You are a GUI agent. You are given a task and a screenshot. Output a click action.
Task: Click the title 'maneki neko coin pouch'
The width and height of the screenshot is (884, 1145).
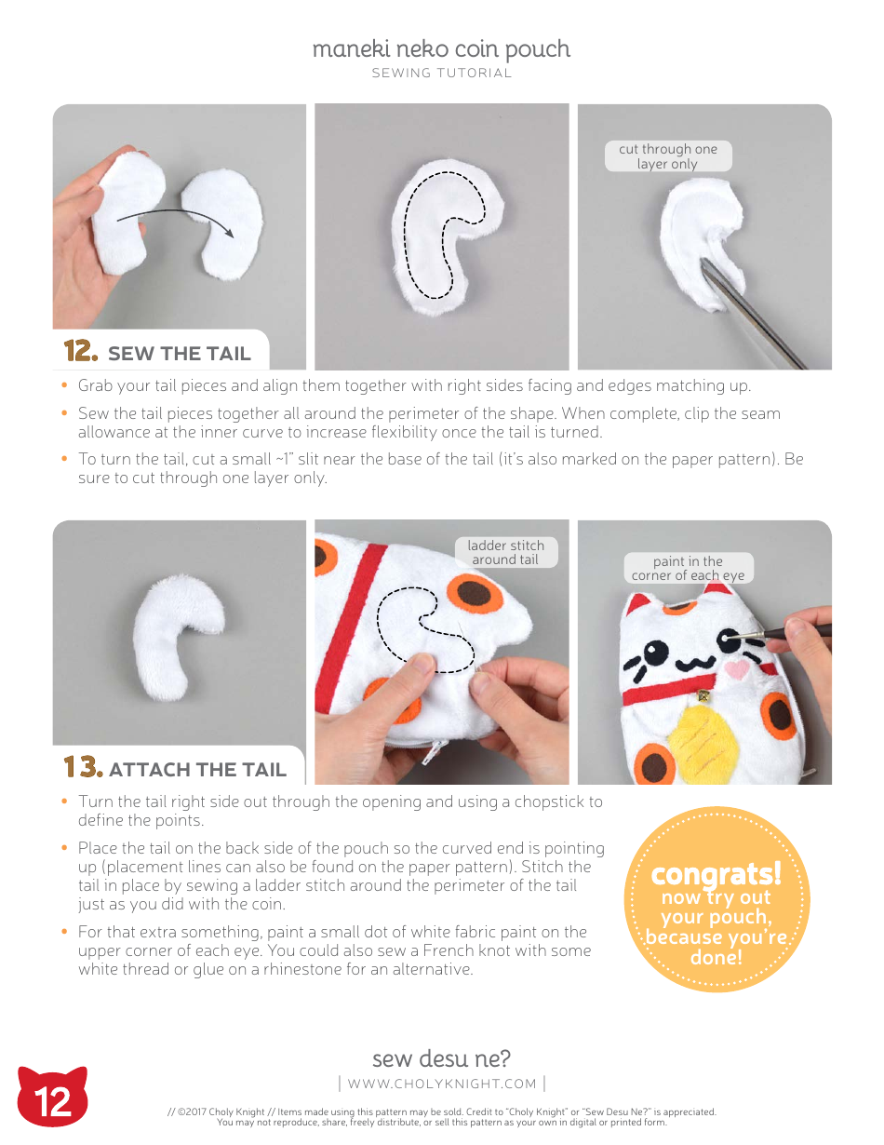[441, 49]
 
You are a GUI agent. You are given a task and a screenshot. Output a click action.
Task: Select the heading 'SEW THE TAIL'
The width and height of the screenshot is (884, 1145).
[179, 354]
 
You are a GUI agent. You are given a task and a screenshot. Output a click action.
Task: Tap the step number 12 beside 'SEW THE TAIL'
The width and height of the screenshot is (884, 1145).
[81, 352]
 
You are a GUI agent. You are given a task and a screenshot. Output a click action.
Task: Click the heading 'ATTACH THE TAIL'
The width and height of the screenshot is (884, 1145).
[197, 770]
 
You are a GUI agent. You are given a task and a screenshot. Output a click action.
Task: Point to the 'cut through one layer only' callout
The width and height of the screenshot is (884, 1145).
[668, 156]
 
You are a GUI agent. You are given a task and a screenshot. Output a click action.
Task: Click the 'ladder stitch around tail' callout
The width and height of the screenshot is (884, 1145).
[505, 552]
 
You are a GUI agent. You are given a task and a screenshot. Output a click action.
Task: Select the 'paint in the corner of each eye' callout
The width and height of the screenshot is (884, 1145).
[688, 568]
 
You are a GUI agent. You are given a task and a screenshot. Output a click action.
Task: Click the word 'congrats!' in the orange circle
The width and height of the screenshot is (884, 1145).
[716, 874]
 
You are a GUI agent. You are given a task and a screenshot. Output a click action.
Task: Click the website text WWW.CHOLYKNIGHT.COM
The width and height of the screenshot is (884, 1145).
[442, 1084]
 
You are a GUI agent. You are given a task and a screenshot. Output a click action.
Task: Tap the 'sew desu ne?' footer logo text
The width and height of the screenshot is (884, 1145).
[441, 1058]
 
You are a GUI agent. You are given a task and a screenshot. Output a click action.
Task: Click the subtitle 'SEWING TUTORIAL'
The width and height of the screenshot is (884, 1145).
[441, 74]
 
